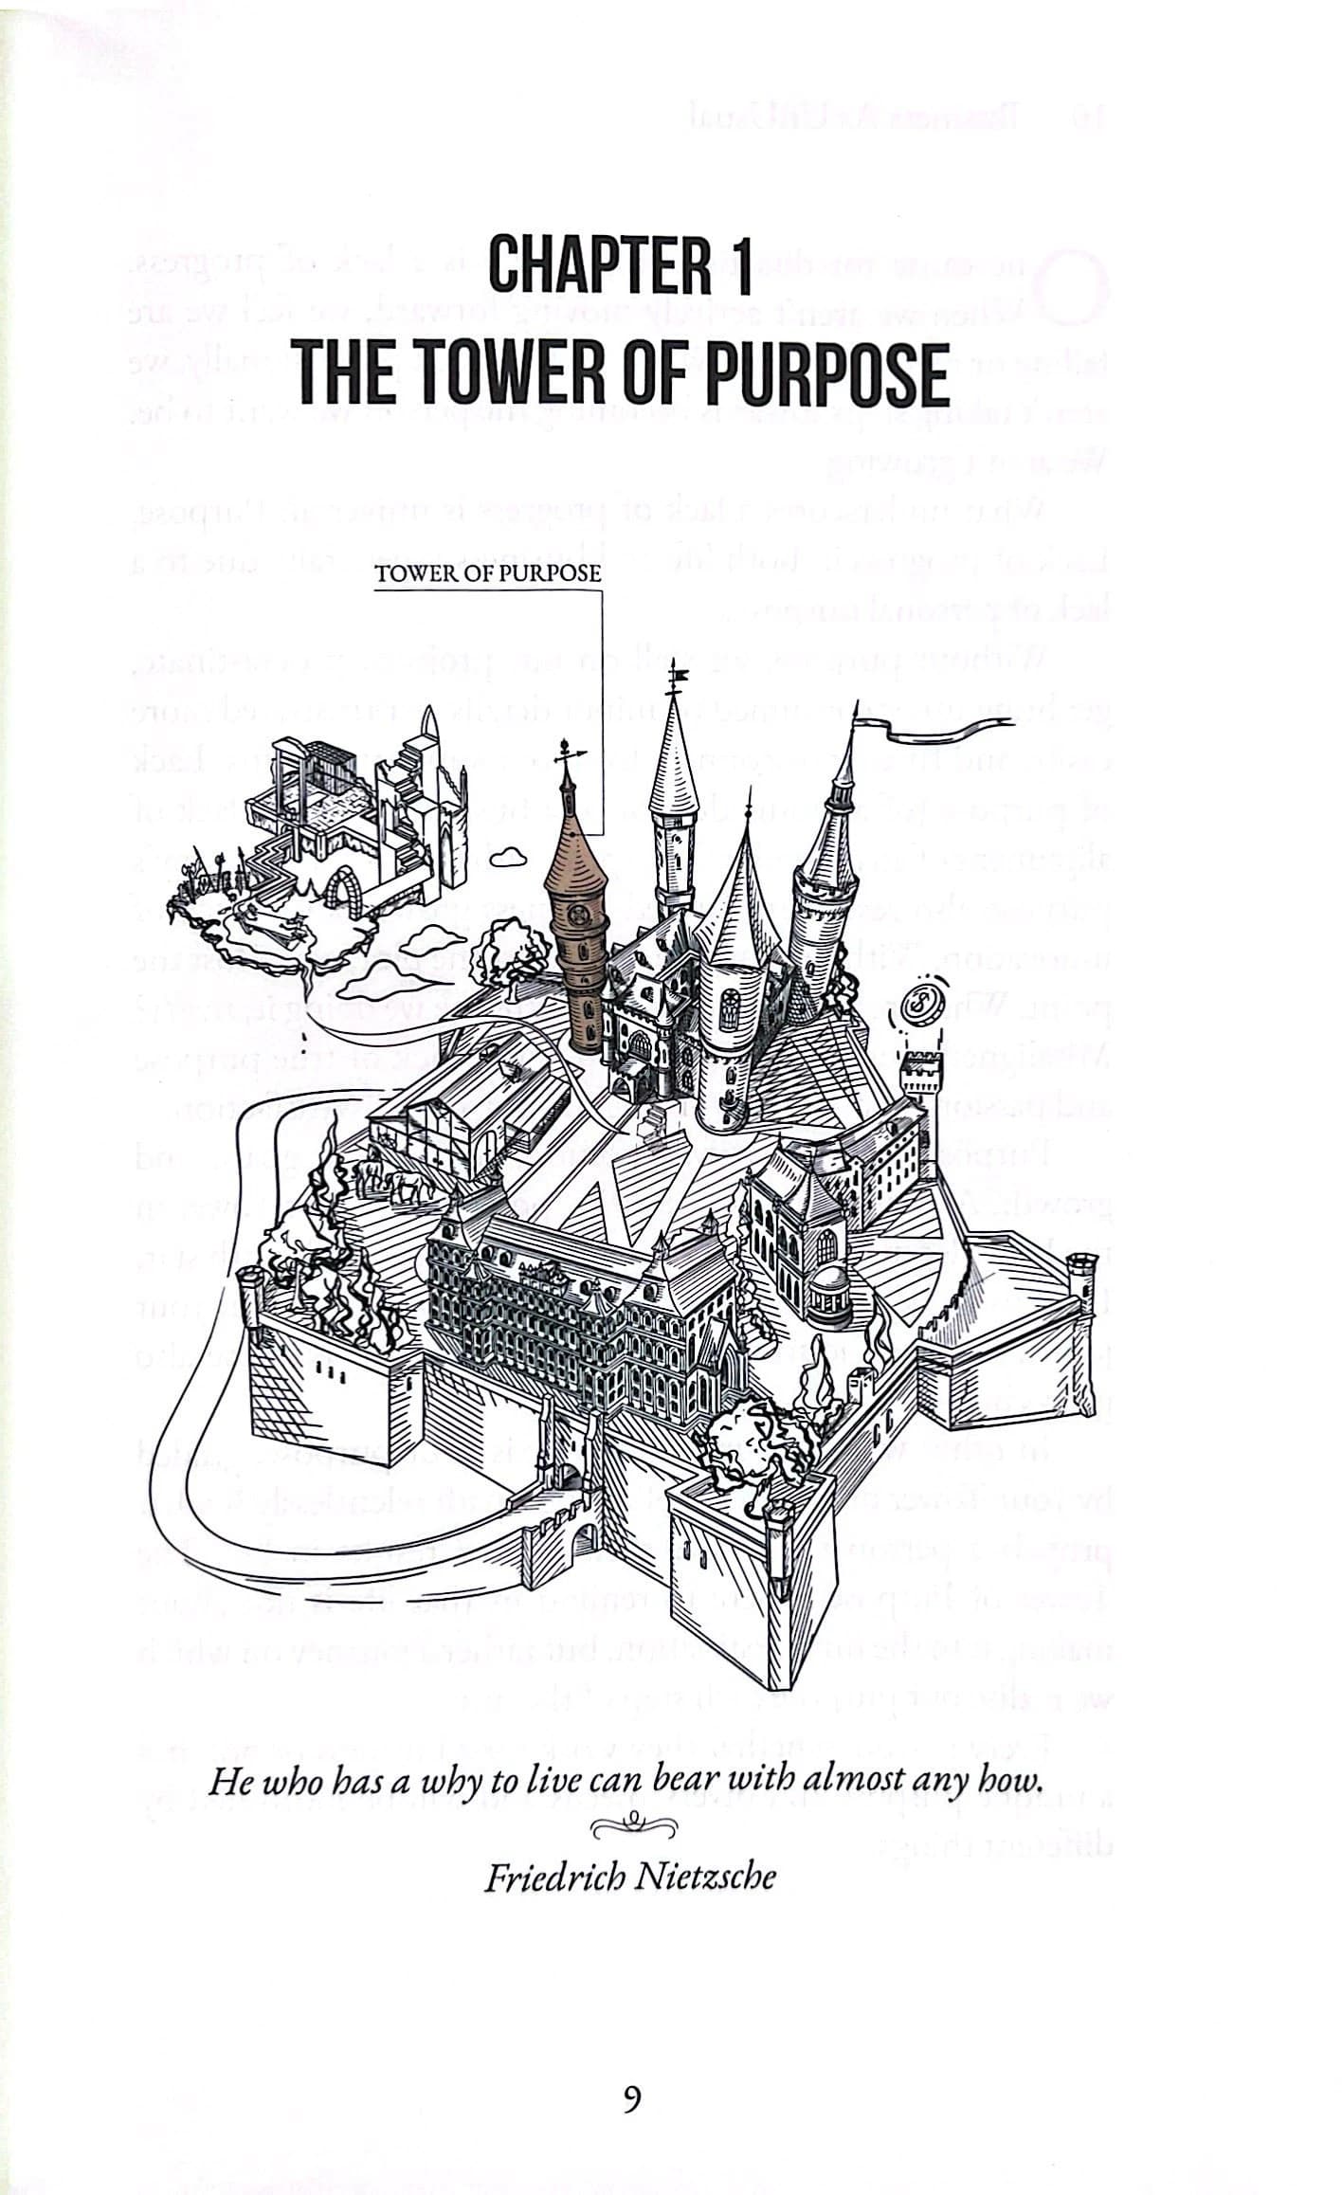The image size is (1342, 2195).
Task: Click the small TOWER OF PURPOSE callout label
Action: click(x=488, y=573)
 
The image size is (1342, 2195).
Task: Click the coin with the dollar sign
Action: click(x=916, y=1006)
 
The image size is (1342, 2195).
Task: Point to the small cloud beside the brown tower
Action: click(x=510, y=856)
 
